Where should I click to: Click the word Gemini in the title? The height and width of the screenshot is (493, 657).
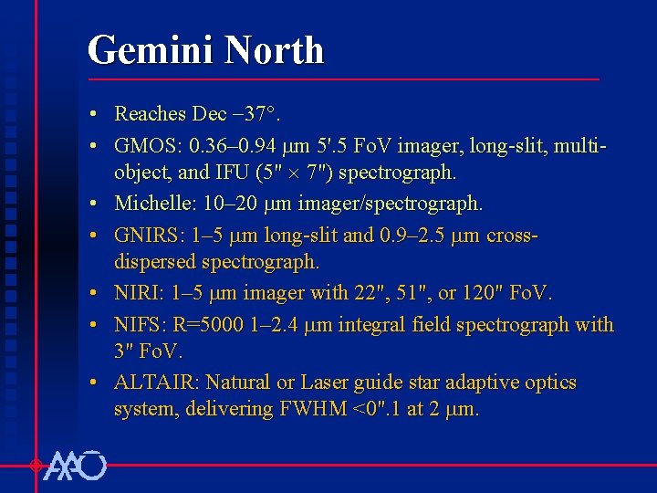[x=145, y=50]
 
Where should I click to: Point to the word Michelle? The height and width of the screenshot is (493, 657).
[x=151, y=204]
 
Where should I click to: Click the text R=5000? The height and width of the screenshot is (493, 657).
[x=214, y=324]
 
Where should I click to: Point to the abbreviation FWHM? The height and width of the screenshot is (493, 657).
[x=306, y=410]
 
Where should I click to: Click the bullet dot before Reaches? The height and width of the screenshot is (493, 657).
[x=95, y=115]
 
